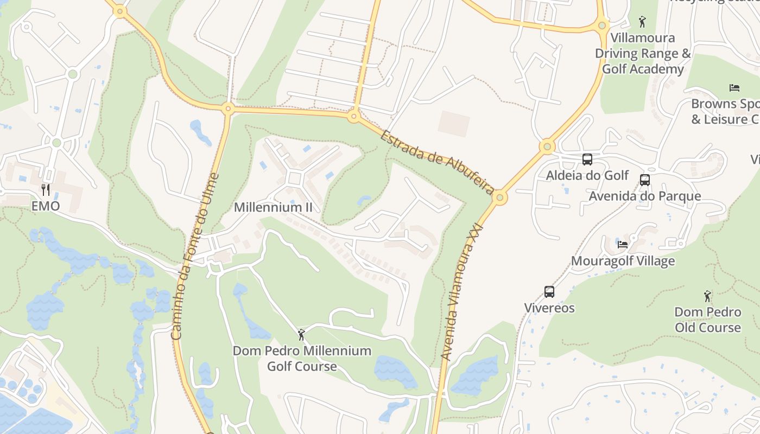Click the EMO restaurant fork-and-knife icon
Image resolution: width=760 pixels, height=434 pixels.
[46, 189]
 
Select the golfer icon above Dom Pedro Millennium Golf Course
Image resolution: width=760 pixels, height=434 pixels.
[302, 334]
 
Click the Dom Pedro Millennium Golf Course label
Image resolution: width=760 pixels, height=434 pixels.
[302, 359]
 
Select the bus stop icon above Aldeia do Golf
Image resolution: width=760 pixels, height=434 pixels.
[587, 159]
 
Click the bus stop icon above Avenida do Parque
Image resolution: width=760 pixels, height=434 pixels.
[645, 180]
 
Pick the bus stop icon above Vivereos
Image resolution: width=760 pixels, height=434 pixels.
[549, 292]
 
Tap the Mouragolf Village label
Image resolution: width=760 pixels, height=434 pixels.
[623, 261]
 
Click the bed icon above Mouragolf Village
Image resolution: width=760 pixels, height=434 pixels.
[623, 244]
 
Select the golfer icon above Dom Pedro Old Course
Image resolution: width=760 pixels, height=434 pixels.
[707, 296]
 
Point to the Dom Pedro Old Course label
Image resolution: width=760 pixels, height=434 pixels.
[708, 320]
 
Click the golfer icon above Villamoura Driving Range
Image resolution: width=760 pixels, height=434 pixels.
[643, 22]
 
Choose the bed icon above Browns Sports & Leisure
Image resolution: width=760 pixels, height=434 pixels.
[734, 88]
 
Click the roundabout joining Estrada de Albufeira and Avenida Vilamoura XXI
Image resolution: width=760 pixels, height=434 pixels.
[500, 198]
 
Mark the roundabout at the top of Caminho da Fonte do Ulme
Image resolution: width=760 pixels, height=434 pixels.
[228, 109]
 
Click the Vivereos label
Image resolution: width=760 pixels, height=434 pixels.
[549, 308]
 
